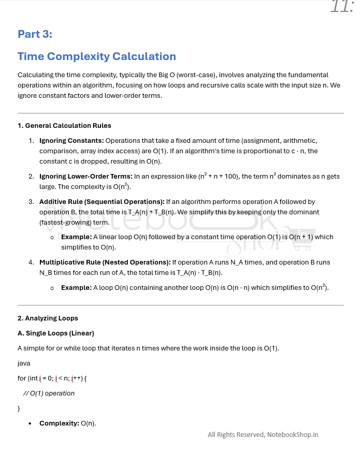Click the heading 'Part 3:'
coord(35,34)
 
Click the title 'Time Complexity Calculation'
coord(97,56)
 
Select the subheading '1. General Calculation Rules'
coord(64,125)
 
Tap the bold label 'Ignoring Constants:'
coord(71,140)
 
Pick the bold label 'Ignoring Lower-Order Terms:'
coord(86,177)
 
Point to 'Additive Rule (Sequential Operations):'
coord(102,201)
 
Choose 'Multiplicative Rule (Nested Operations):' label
coord(105,262)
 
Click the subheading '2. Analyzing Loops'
coord(48,318)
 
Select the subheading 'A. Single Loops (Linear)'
coord(56,333)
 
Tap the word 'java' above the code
coord(24,363)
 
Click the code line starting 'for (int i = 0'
coord(52,378)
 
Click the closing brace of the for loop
coord(19,408)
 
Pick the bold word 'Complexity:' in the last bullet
coord(59,423)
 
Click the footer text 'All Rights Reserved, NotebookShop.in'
coord(263,435)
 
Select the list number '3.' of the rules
coord(32,201)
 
